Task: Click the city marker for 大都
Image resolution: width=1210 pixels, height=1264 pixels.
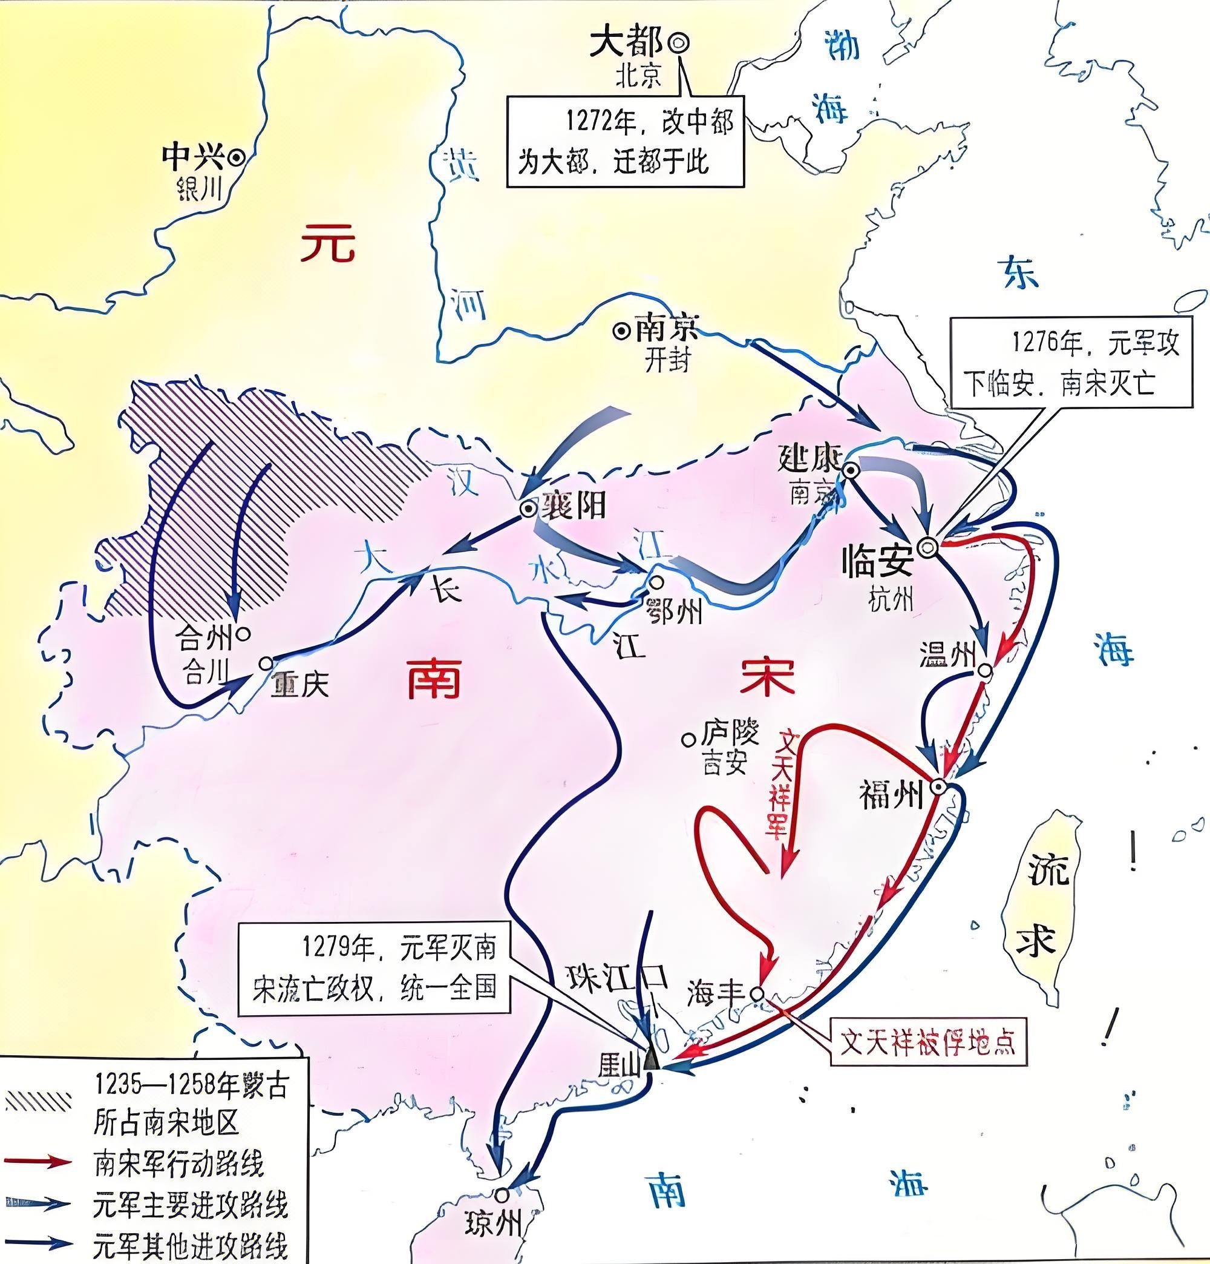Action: point(678,42)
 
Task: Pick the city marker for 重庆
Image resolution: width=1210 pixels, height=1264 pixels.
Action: point(266,663)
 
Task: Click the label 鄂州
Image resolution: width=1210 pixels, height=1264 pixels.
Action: point(672,611)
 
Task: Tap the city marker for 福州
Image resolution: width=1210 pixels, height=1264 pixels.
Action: point(938,786)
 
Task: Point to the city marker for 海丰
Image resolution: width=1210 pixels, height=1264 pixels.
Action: point(758,993)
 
